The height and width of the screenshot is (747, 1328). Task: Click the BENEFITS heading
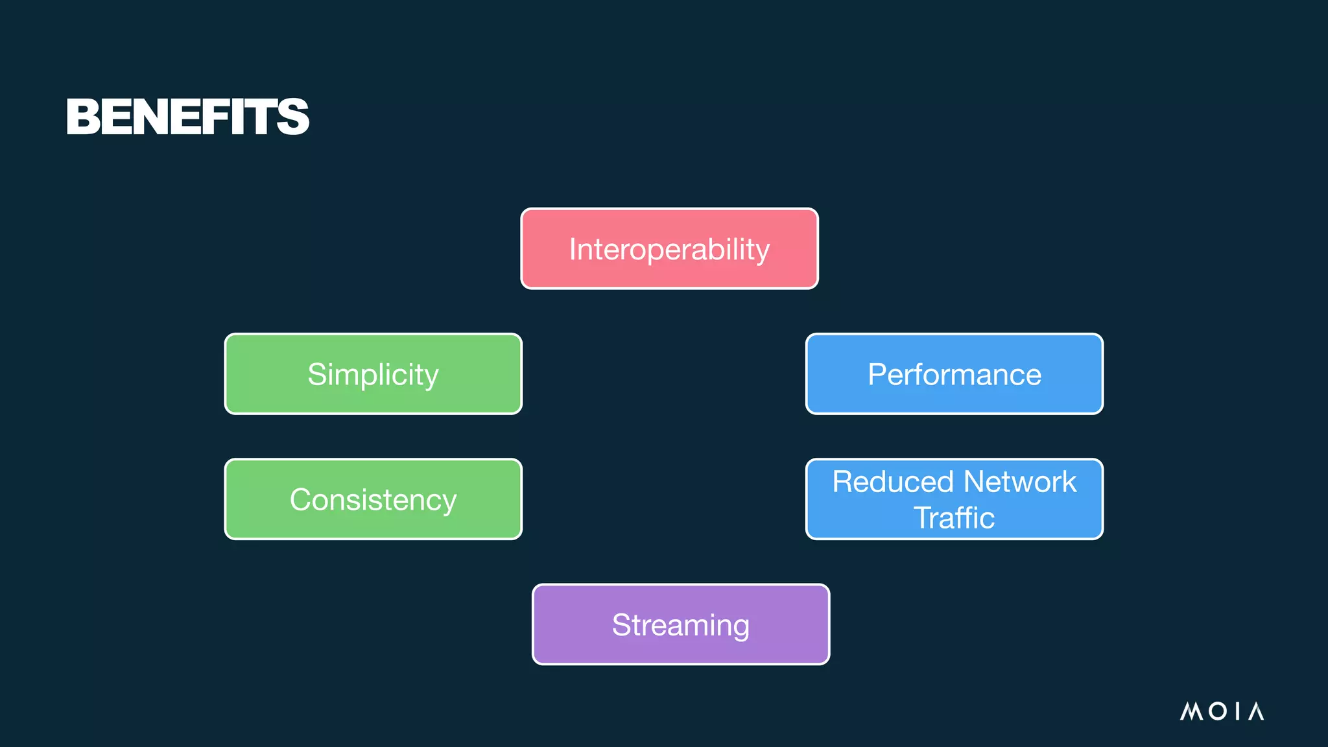point(187,117)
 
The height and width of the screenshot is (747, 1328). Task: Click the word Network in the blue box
point(1020,482)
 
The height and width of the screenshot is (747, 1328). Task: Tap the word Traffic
point(954,518)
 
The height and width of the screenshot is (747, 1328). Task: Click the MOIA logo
point(1222,711)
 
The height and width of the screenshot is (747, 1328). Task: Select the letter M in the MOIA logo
point(1191,711)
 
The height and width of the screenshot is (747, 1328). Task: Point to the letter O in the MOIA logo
point(1218,711)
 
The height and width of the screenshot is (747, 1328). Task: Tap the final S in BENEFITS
point(292,117)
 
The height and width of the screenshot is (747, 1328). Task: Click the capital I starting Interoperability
point(573,250)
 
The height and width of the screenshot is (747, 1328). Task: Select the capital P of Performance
point(877,375)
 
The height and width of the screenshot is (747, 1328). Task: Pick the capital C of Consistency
point(301,500)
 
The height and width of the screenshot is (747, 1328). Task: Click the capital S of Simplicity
point(317,375)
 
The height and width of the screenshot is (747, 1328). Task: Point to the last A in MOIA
point(1256,711)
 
